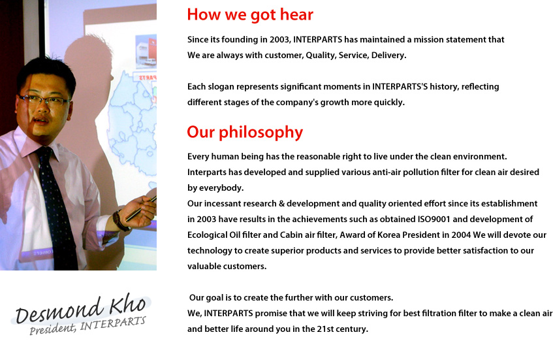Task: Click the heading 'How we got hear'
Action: (250, 15)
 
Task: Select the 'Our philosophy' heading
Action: (245, 133)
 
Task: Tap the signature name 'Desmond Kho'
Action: (81, 310)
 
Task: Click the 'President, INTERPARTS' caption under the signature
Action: (87, 326)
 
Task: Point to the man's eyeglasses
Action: (45, 100)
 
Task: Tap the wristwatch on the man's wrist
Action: (120, 221)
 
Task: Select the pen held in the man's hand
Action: (140, 209)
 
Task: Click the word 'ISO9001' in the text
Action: (434, 219)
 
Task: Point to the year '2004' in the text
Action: (461, 235)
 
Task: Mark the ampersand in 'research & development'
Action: (281, 204)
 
